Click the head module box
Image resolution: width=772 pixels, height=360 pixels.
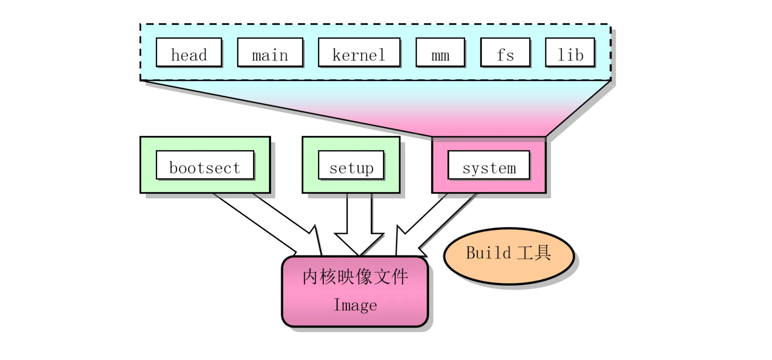pyautogui.click(x=189, y=52)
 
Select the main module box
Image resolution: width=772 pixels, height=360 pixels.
pyautogui.click(x=270, y=52)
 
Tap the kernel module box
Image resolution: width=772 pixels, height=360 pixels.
pyautogui.click(x=359, y=52)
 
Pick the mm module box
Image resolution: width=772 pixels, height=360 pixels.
pyautogui.click(x=440, y=52)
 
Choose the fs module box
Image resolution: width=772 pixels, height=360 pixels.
pyautogui.click(x=505, y=52)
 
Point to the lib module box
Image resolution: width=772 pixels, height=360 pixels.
pyautogui.click(x=570, y=52)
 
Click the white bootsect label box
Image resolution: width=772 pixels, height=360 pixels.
pyautogui.click(x=205, y=165)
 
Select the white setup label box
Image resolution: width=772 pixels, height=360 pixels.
pyautogui.click(x=351, y=165)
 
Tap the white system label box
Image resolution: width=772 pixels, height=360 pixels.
pyautogui.click(x=489, y=165)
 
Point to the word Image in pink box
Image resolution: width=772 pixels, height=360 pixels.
pyautogui.click(x=355, y=305)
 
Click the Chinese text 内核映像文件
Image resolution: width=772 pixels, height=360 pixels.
pyautogui.click(x=355, y=277)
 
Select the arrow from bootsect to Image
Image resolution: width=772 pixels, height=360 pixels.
pyautogui.click(x=268, y=222)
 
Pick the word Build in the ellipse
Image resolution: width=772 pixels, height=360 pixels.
pyautogui.click(x=488, y=253)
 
